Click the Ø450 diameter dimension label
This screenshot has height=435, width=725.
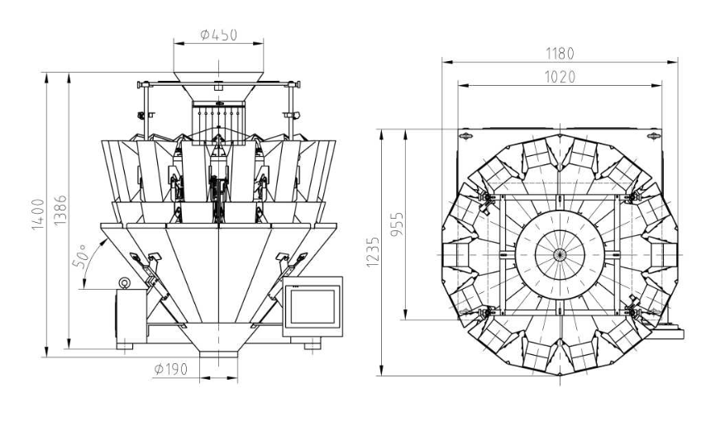[219, 35]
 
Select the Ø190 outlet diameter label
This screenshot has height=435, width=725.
[171, 369]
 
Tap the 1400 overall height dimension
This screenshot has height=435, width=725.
[38, 215]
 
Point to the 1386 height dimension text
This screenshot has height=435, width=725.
[60, 210]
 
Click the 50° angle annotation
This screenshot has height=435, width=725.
[80, 255]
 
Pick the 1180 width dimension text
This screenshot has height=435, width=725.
[560, 54]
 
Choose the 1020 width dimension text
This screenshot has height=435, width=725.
[560, 77]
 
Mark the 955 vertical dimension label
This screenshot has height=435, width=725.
[397, 225]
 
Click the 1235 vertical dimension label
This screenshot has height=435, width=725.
[373, 252]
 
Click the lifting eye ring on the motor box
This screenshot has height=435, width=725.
[124, 282]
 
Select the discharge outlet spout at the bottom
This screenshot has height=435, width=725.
[219, 354]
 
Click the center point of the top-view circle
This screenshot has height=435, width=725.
[560, 254]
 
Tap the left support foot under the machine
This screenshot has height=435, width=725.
[125, 345]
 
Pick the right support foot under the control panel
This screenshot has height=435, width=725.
[312, 345]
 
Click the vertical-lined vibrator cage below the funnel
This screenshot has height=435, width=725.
[218, 123]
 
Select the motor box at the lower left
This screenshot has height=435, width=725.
[131, 316]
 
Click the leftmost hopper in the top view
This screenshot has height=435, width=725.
[456, 255]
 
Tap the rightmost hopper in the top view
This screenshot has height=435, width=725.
[664, 255]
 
